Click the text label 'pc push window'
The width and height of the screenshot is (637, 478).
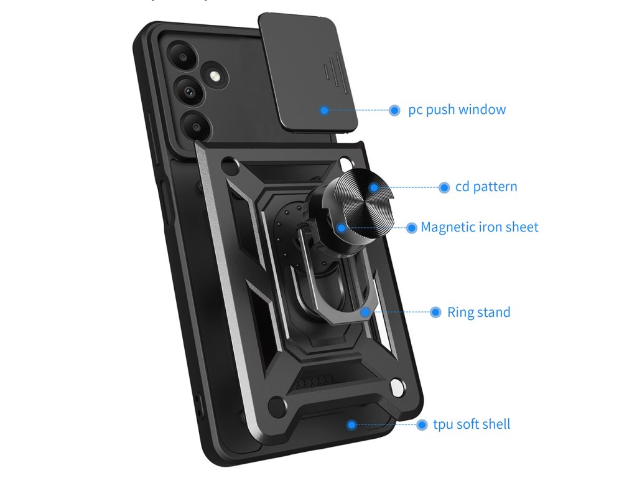(457, 110)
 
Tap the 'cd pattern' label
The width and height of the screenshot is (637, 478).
(486, 187)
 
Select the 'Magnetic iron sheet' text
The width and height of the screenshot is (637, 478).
(479, 227)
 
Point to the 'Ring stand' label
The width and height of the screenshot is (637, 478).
(478, 312)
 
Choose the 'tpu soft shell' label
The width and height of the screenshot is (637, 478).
(472, 424)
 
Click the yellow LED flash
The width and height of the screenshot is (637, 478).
(216, 77)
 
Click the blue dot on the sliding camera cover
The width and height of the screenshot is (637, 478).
(324, 110)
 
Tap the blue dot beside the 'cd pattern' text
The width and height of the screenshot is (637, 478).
(444, 187)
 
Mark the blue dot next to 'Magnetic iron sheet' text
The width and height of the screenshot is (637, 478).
(411, 228)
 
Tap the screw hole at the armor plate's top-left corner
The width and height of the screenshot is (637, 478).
(231, 165)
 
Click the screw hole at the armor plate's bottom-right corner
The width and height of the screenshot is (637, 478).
(396, 388)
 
